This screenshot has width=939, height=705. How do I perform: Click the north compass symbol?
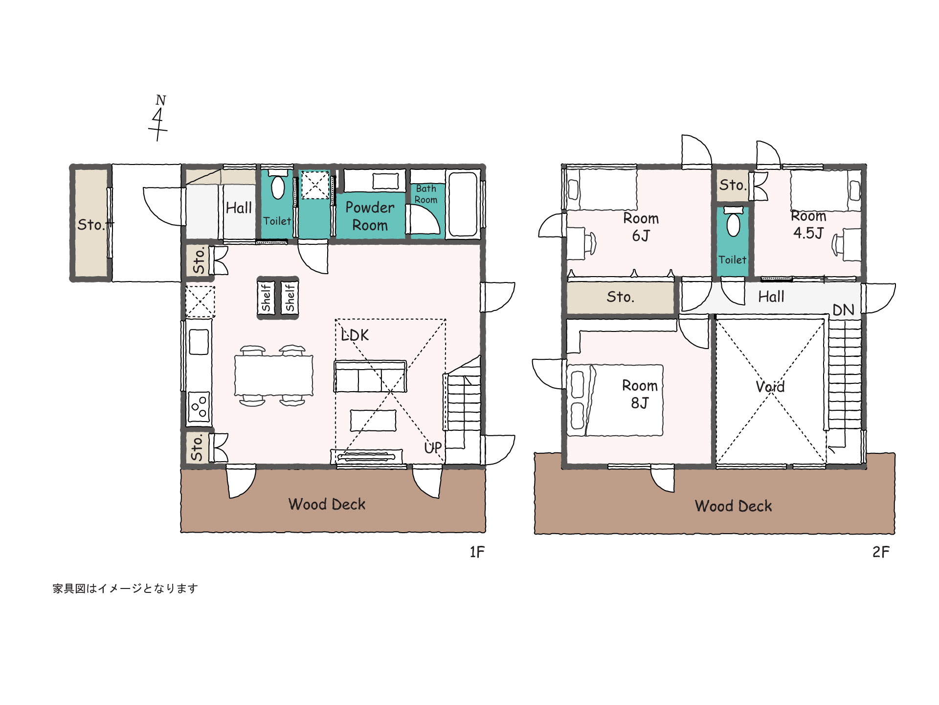158,118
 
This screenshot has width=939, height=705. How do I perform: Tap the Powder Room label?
370,216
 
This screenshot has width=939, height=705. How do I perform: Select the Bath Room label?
426,194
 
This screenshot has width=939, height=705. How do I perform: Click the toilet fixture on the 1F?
278,185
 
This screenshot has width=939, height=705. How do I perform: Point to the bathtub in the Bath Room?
463,204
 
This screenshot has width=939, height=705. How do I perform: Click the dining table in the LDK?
274,375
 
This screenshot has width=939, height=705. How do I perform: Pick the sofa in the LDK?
370,376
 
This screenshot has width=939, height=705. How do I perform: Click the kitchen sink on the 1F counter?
199,342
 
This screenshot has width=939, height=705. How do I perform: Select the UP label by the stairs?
433,447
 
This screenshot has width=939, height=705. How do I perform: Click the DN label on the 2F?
843,310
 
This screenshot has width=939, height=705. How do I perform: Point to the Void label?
770,387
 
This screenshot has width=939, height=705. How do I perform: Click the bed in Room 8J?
615,400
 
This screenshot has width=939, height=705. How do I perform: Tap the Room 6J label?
641,227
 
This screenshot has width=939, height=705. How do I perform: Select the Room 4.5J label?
809,225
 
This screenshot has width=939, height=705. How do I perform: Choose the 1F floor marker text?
477,552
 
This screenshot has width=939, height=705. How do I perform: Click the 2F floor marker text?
881,552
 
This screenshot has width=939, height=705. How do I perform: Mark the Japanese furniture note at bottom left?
125,588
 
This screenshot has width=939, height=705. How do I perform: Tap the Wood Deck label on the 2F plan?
734,506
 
